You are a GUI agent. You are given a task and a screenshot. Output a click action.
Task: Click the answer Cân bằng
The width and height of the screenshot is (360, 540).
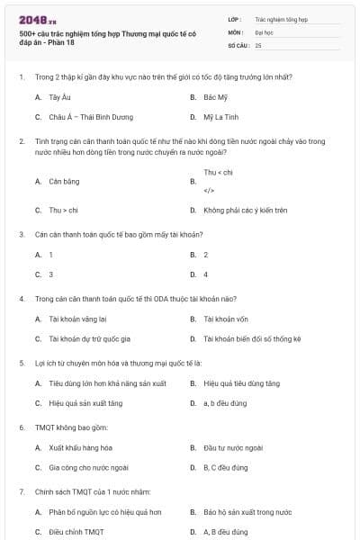pos(63,181)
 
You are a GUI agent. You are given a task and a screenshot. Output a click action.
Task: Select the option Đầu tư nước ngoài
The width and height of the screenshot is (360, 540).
pos(232,447)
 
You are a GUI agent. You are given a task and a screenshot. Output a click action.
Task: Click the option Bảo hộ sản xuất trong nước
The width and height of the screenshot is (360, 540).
pos(247,511)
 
